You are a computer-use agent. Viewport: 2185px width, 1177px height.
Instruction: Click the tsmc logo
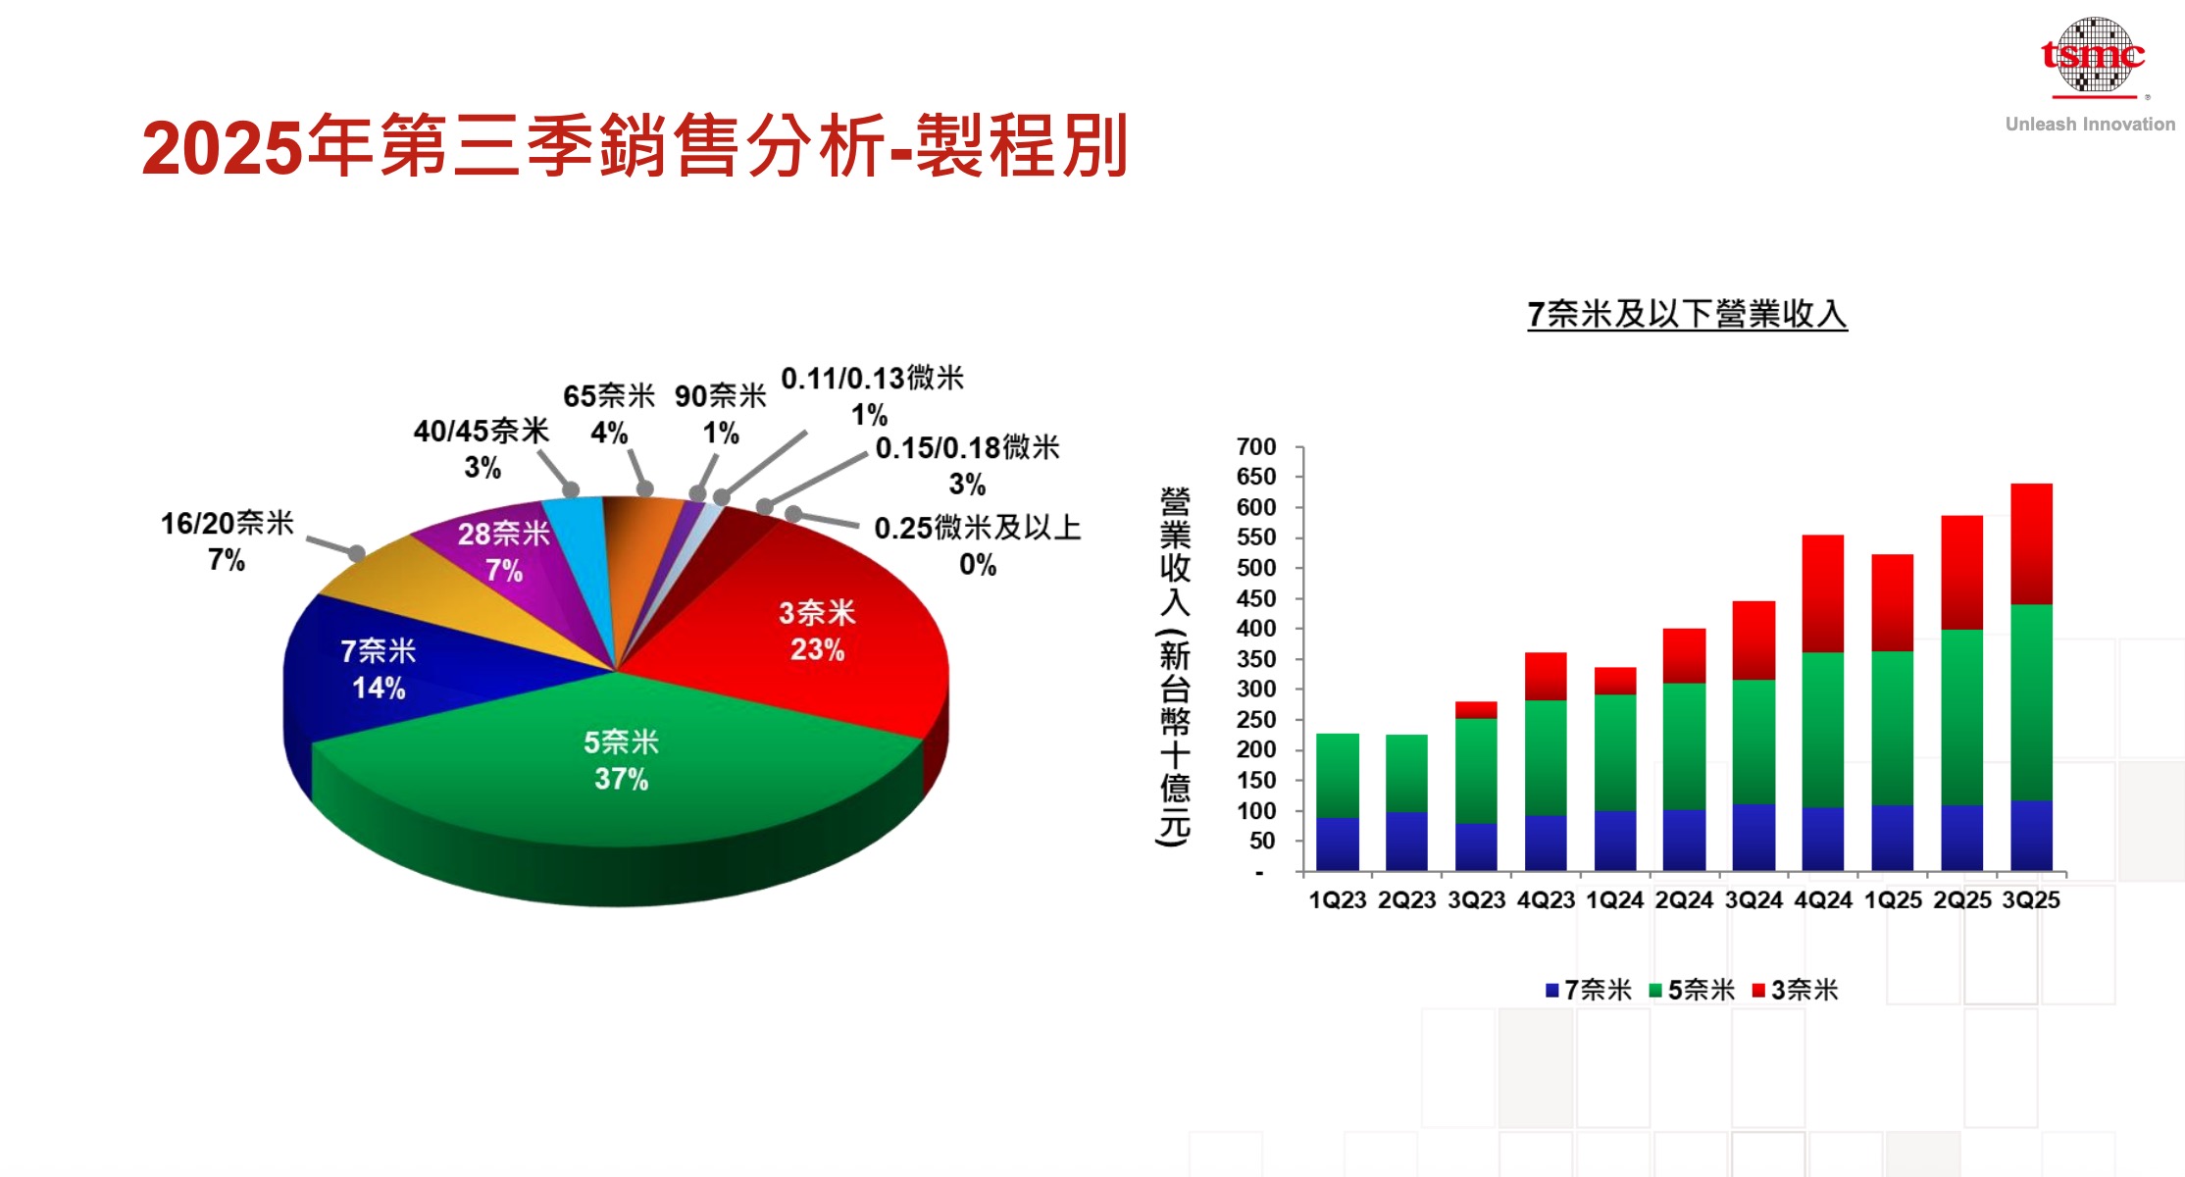pos(2093,56)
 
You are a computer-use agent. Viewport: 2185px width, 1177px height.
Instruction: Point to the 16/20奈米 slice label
pos(227,540)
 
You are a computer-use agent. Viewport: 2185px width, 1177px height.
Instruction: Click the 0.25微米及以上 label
pos(977,545)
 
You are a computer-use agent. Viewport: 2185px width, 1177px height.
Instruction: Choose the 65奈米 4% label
pos(609,413)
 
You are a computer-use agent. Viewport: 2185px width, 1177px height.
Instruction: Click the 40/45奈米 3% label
pos(482,447)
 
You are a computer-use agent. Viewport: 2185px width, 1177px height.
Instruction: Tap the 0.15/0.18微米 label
pos(967,465)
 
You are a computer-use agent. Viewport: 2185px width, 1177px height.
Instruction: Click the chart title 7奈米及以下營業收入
pos(1687,314)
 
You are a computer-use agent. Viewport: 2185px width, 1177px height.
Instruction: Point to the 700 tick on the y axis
pos(1256,447)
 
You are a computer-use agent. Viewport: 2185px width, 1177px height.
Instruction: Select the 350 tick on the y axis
pos(1256,659)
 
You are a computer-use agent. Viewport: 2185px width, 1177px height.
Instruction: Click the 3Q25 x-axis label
pos(2031,900)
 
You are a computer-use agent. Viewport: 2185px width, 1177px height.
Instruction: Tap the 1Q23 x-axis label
pos(1337,900)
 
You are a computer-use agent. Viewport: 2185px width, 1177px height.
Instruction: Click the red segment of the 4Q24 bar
pos(1822,593)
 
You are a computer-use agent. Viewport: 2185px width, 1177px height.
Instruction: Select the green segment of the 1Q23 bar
pos(1337,775)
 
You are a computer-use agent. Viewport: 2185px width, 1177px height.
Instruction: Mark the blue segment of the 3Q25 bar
pos(2031,836)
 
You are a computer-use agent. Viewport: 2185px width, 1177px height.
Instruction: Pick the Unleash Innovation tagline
pos(2090,125)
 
